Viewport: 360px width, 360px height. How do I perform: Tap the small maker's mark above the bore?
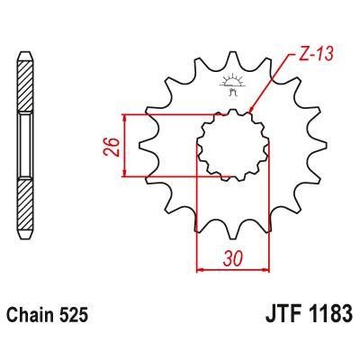[225, 87]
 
